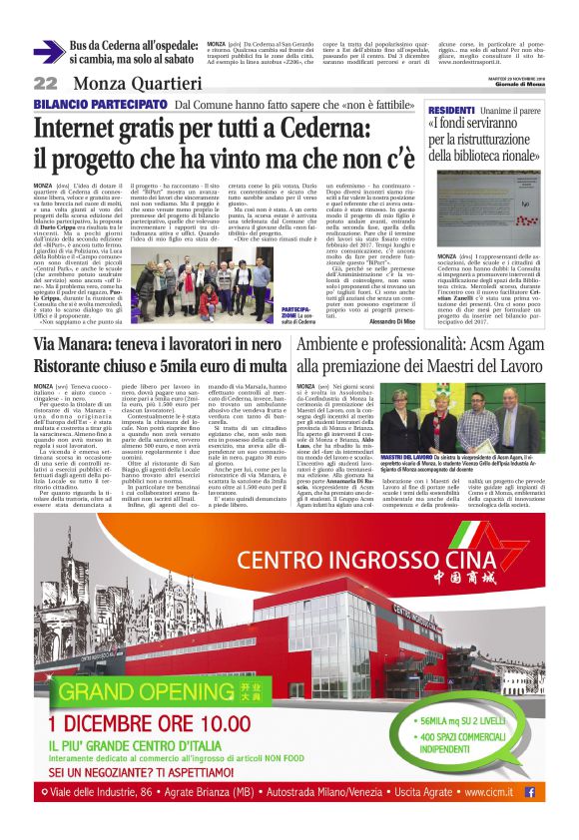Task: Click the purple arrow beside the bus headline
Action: point(47,52)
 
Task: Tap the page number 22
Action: point(45,83)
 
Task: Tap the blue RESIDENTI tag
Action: point(451,109)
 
